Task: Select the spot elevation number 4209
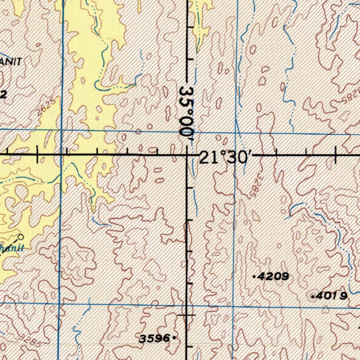tap(273, 277)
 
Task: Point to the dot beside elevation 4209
tap(254, 277)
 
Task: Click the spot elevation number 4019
tap(332, 296)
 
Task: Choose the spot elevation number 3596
tap(155, 339)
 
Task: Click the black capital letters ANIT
tap(11, 62)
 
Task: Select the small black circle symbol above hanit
tap(21, 237)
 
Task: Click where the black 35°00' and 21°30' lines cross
tap(187, 154)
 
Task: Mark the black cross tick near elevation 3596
tap(187, 315)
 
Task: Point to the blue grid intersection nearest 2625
tap(62, 130)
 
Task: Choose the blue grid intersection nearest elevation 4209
tap(234, 306)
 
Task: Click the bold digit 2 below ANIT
tap(4, 94)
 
